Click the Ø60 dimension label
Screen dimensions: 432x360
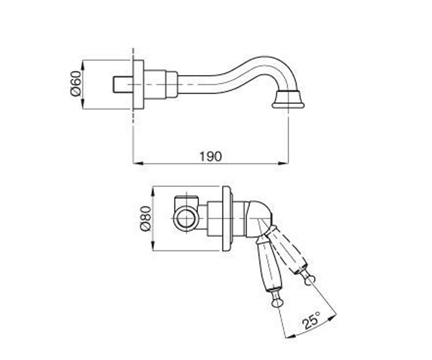76,84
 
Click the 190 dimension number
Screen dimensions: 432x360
211,157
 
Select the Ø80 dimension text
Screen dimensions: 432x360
146,219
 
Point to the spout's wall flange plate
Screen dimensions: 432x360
138,84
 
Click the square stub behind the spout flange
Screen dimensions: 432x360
123,84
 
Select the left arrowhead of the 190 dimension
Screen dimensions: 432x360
138,163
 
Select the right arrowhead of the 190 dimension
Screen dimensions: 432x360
283,163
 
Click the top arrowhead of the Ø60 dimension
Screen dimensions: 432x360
83,65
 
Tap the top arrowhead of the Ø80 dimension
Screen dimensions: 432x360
153,192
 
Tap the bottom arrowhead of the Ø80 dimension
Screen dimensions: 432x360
153,246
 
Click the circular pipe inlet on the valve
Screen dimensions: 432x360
185,219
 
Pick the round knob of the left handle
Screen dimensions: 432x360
276,303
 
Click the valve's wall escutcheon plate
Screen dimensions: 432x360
227,219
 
